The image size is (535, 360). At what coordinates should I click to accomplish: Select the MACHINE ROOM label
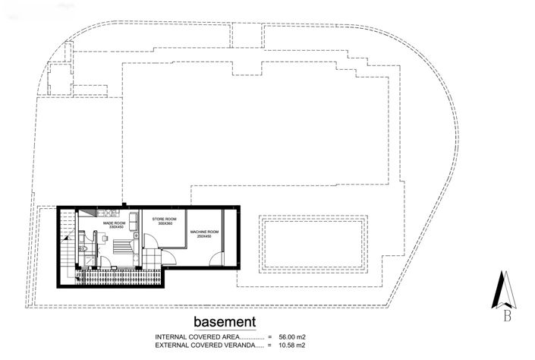coord(205,231)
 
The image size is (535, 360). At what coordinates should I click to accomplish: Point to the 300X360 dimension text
coord(165,223)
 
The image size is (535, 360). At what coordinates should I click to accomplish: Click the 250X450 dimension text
coord(205,235)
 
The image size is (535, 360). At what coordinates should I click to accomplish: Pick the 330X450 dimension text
coord(116,227)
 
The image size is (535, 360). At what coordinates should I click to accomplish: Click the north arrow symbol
coord(505,289)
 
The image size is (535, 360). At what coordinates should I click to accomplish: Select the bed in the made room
coord(121,247)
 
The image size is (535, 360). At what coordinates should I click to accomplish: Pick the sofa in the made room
coord(134,220)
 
